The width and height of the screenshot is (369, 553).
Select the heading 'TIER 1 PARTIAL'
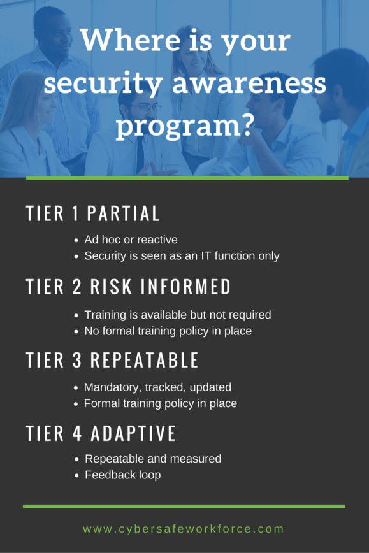point(93,214)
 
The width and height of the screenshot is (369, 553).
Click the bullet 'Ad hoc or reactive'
point(131,240)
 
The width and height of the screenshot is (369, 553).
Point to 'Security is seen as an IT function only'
point(182,256)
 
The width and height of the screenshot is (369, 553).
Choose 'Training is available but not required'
point(178,315)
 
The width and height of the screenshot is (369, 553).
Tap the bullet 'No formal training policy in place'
point(168,331)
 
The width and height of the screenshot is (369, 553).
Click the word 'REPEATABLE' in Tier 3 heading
point(145,360)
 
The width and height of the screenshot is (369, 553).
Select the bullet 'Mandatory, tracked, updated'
point(157,387)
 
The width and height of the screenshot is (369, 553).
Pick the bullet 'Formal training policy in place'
point(160,403)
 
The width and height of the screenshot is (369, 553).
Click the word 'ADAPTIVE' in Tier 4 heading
point(133,433)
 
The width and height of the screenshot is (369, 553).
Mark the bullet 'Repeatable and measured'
point(153,459)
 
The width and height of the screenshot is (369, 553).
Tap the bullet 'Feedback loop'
point(122,475)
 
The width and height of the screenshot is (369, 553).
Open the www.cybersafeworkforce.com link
point(184,529)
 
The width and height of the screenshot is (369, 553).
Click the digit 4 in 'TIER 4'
point(77,433)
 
